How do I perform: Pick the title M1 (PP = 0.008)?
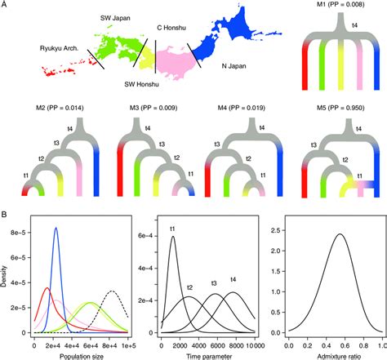pos(325,9)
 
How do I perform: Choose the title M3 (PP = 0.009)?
pos(147,110)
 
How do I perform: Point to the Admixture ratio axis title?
pos(333,355)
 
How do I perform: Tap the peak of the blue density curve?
pos(56,229)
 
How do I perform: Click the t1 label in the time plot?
pos(173,229)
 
